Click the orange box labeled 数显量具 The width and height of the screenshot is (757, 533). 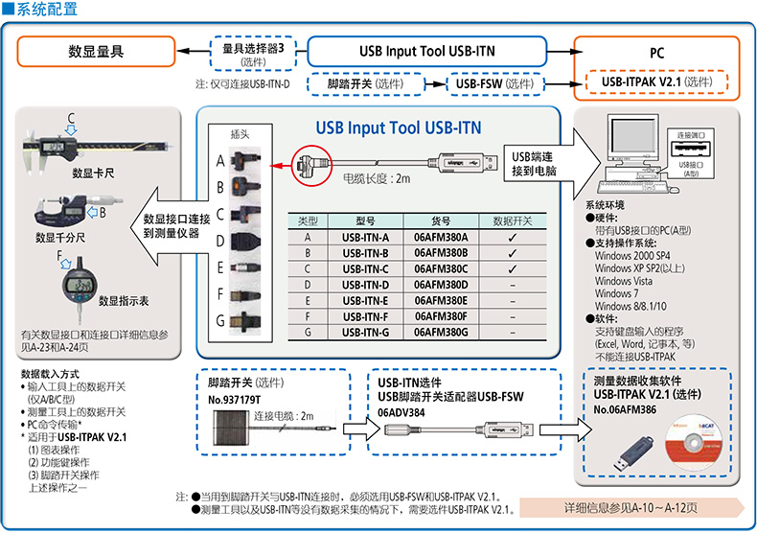[x=96, y=51]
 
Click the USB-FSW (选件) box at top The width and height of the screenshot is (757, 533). [x=494, y=84]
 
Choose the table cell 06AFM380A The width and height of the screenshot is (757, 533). [x=441, y=237]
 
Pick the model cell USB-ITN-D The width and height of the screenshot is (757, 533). [x=359, y=284]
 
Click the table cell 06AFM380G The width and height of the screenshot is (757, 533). [x=441, y=332]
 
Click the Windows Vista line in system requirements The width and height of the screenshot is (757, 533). [x=625, y=281]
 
